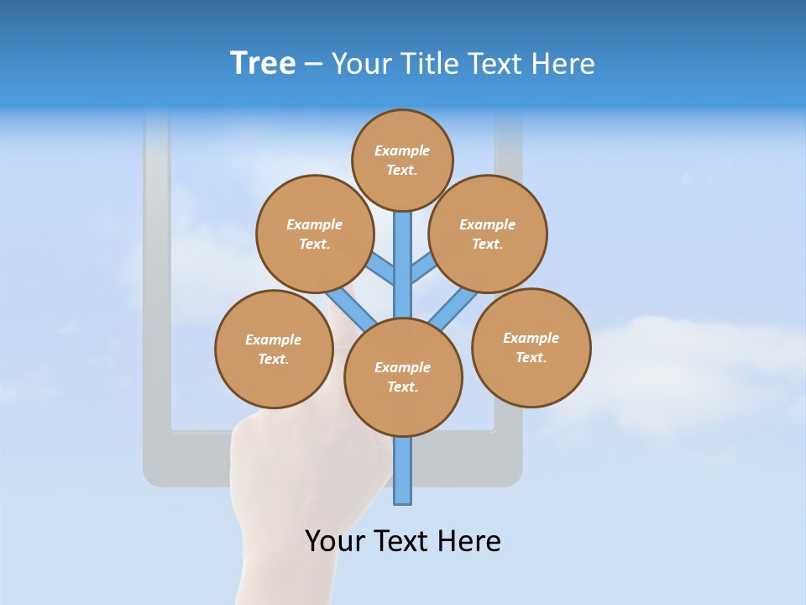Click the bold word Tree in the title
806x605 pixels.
[x=263, y=64]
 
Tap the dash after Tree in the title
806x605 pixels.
[x=313, y=65]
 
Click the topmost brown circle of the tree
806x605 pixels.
[x=402, y=160]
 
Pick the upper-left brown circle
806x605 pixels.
[x=315, y=234]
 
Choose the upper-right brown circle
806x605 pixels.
[x=488, y=234]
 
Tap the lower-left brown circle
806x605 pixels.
[x=274, y=349]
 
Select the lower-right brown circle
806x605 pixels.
[x=531, y=347]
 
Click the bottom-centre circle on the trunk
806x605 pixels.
[x=403, y=377]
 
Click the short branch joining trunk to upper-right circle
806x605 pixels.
[x=422, y=269]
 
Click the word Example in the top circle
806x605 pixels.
[x=402, y=150]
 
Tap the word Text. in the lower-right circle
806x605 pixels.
[x=531, y=357]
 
